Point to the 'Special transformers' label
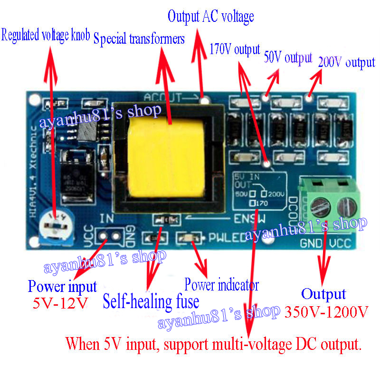[x=139, y=39]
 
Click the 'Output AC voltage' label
[x=211, y=17]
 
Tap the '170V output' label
[x=235, y=49]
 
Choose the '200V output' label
[x=347, y=62]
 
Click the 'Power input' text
[x=62, y=287]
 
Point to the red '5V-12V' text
[x=60, y=303]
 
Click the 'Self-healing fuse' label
[x=151, y=301]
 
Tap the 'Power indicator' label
[x=221, y=285]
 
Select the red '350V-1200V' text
[x=327, y=312]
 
